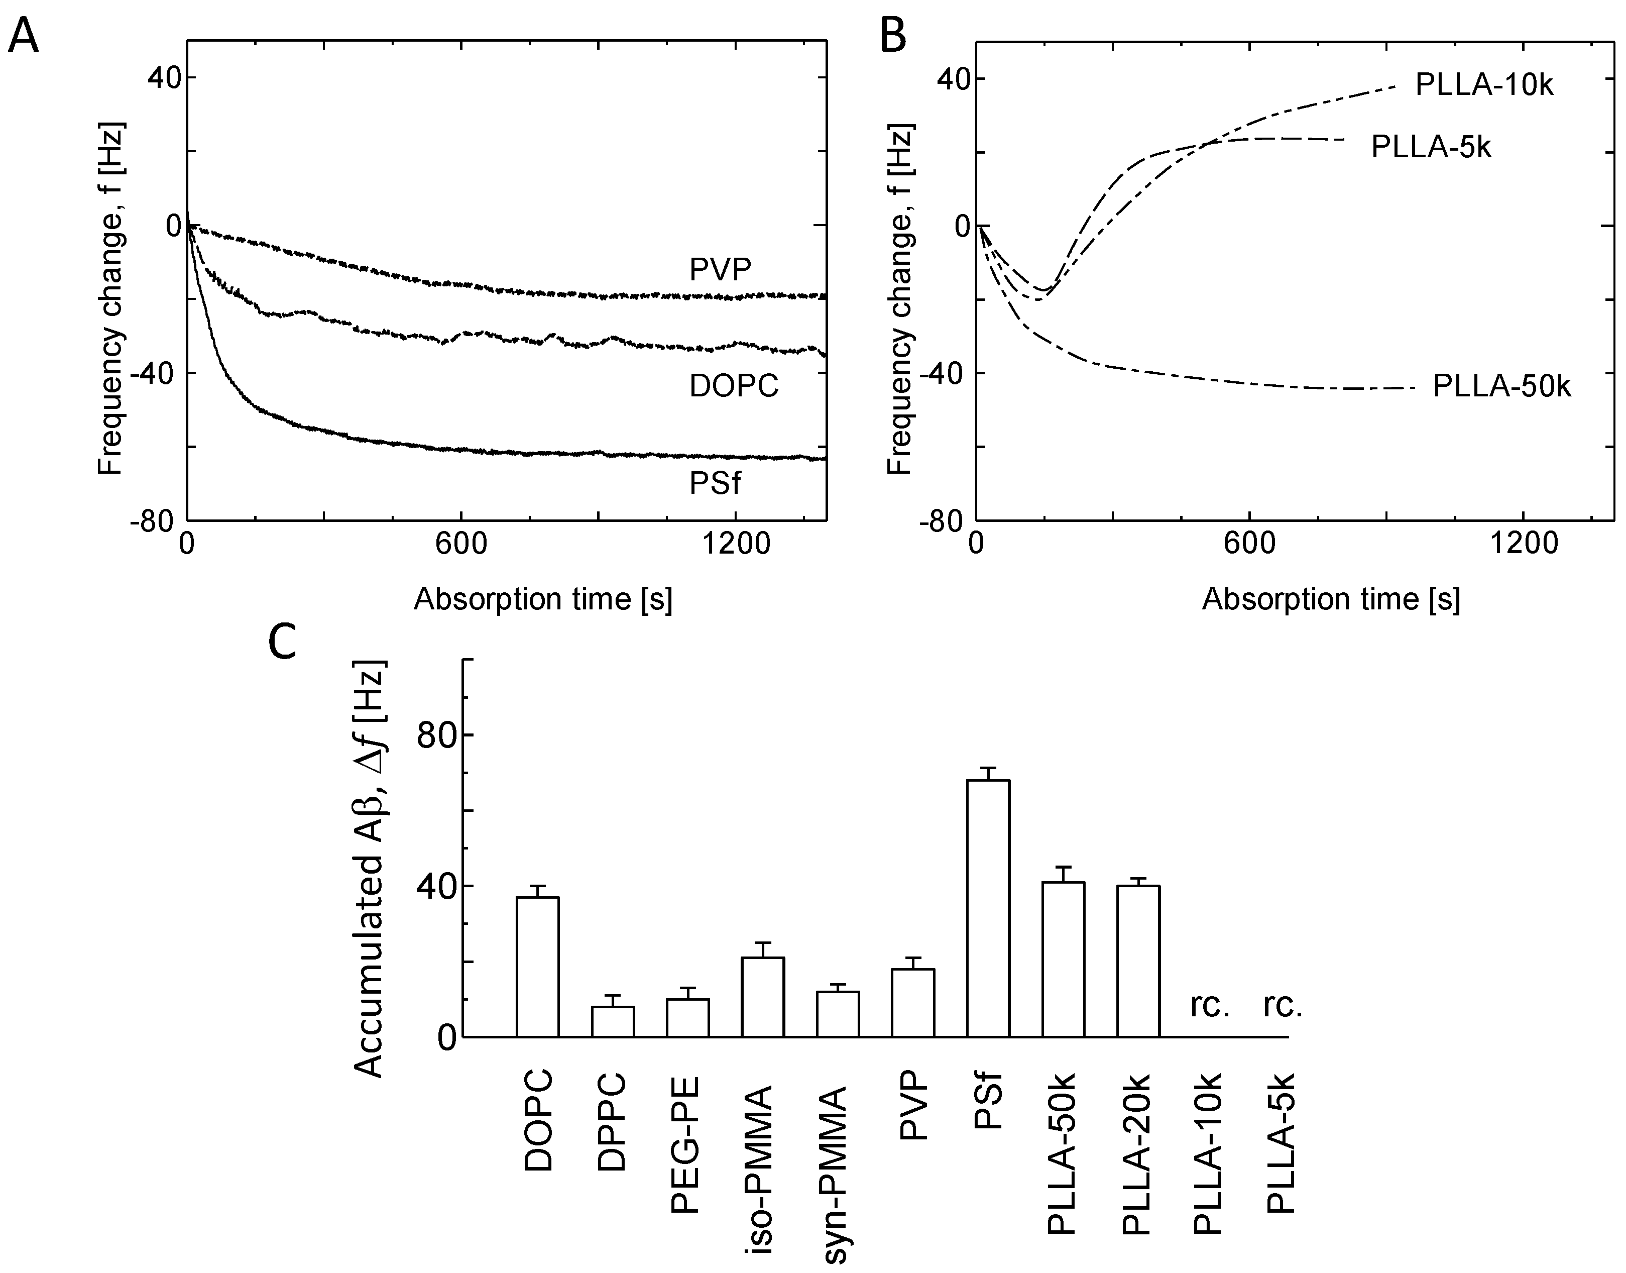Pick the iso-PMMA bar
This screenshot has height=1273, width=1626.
tap(763, 997)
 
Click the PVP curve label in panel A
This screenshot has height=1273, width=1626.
tap(720, 269)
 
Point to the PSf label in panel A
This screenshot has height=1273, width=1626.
tap(714, 484)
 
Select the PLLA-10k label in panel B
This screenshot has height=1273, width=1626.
tap(1484, 86)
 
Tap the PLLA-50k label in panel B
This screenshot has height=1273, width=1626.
tap(1501, 387)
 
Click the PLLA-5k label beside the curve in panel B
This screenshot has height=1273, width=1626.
tap(1431, 148)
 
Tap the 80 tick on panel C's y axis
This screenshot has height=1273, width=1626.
tap(436, 735)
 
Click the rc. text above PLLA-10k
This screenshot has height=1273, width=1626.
tap(1209, 1007)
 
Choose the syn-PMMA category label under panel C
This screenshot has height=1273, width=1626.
tap(837, 1169)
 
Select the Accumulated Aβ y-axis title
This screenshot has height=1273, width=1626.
tap(370, 868)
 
